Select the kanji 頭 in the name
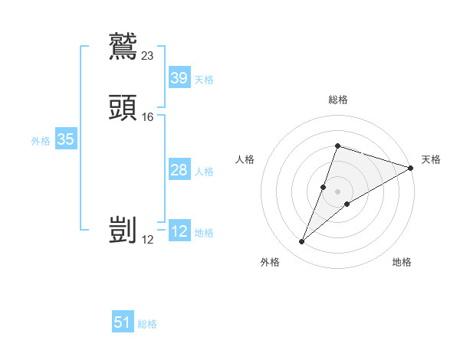click(x=123, y=107)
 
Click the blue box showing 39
click(x=179, y=78)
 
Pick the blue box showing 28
click(x=179, y=170)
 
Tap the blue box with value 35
click(x=65, y=139)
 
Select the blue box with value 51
click(x=123, y=322)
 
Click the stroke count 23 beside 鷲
click(x=148, y=55)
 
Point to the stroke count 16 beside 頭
click(x=148, y=116)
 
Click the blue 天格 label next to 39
click(x=204, y=79)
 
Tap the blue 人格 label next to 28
click(x=204, y=171)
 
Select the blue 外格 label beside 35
click(x=40, y=140)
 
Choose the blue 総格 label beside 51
click(x=147, y=324)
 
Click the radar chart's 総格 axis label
click(x=337, y=100)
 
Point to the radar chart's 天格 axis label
click(x=431, y=159)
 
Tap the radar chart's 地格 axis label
click(x=402, y=262)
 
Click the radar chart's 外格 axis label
click(x=270, y=262)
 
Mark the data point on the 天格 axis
click(x=411, y=168)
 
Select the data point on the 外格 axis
click(x=302, y=242)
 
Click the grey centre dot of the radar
click(x=337, y=191)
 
